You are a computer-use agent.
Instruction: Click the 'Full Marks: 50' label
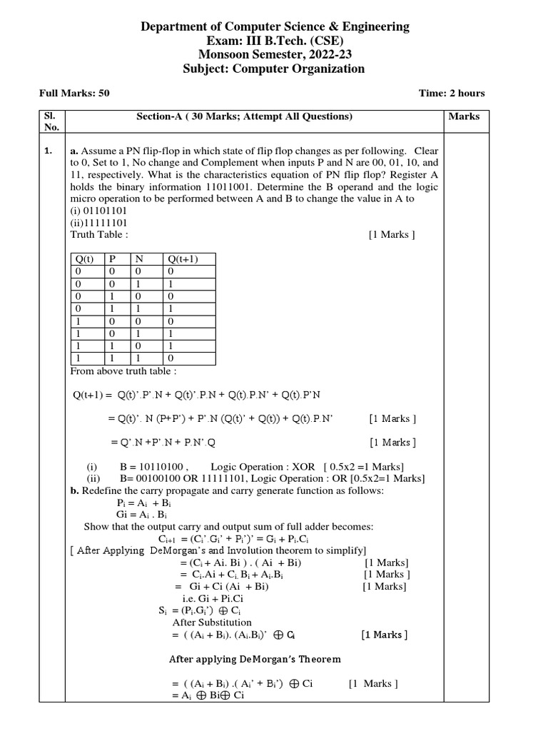click(x=73, y=94)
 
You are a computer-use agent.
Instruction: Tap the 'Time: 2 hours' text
click(x=451, y=94)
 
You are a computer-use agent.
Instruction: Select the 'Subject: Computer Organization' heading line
click(x=274, y=69)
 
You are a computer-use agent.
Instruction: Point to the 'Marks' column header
click(x=465, y=116)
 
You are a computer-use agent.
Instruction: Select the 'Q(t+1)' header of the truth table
click(x=181, y=259)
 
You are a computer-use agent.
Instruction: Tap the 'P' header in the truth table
click(x=112, y=259)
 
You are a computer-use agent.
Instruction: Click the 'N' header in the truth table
click(x=140, y=259)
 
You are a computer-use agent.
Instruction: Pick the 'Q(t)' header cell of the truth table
click(x=85, y=259)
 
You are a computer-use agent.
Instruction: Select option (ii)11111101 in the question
click(x=98, y=222)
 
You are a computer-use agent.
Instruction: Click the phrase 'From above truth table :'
click(x=123, y=371)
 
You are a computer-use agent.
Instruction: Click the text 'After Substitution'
click(x=202, y=622)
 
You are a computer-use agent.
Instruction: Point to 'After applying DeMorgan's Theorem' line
click(x=254, y=659)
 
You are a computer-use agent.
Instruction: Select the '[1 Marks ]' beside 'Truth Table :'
click(x=392, y=234)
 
